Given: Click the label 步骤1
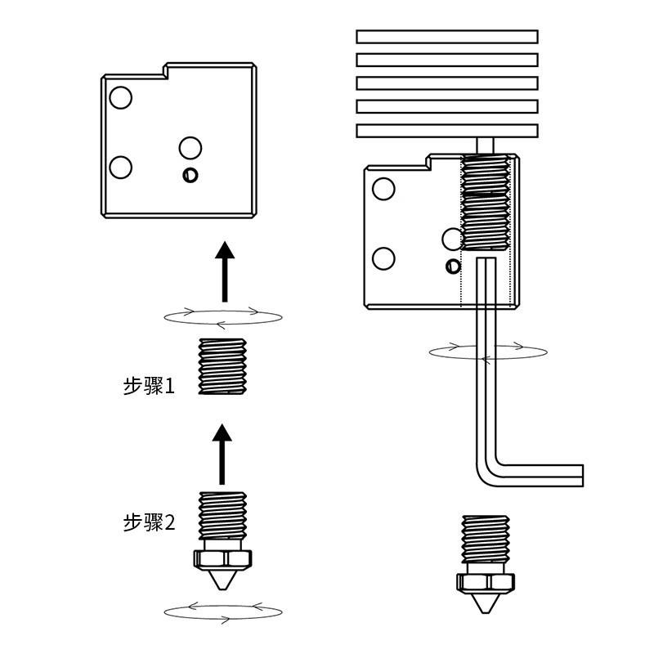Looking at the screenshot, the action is pyautogui.click(x=149, y=386).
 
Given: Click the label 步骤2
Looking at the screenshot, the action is pyautogui.click(x=150, y=522).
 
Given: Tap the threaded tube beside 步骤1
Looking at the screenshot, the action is pyautogui.click(x=222, y=366).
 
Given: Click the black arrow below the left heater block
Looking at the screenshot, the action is pyautogui.click(x=225, y=271).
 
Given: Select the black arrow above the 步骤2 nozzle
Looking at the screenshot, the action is pyautogui.click(x=222, y=455).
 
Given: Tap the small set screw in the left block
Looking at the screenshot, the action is pyautogui.click(x=190, y=175).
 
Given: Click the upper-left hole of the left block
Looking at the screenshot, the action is pyautogui.click(x=120, y=98).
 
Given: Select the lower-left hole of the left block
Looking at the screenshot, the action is pyautogui.click(x=120, y=168).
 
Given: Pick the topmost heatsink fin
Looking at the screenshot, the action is pyautogui.click(x=447, y=37).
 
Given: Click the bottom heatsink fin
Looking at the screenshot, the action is pyautogui.click(x=447, y=131).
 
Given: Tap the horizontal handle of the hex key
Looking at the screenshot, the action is pyautogui.click(x=540, y=476).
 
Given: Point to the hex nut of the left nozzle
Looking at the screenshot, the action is pyautogui.click(x=222, y=559).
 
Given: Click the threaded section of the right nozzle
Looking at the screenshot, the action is pyautogui.click(x=486, y=539).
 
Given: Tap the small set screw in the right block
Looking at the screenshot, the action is pyautogui.click(x=453, y=267).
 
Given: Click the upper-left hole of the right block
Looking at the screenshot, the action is pyautogui.click(x=383, y=189).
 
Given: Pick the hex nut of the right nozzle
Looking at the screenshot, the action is pyautogui.click(x=486, y=582).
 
